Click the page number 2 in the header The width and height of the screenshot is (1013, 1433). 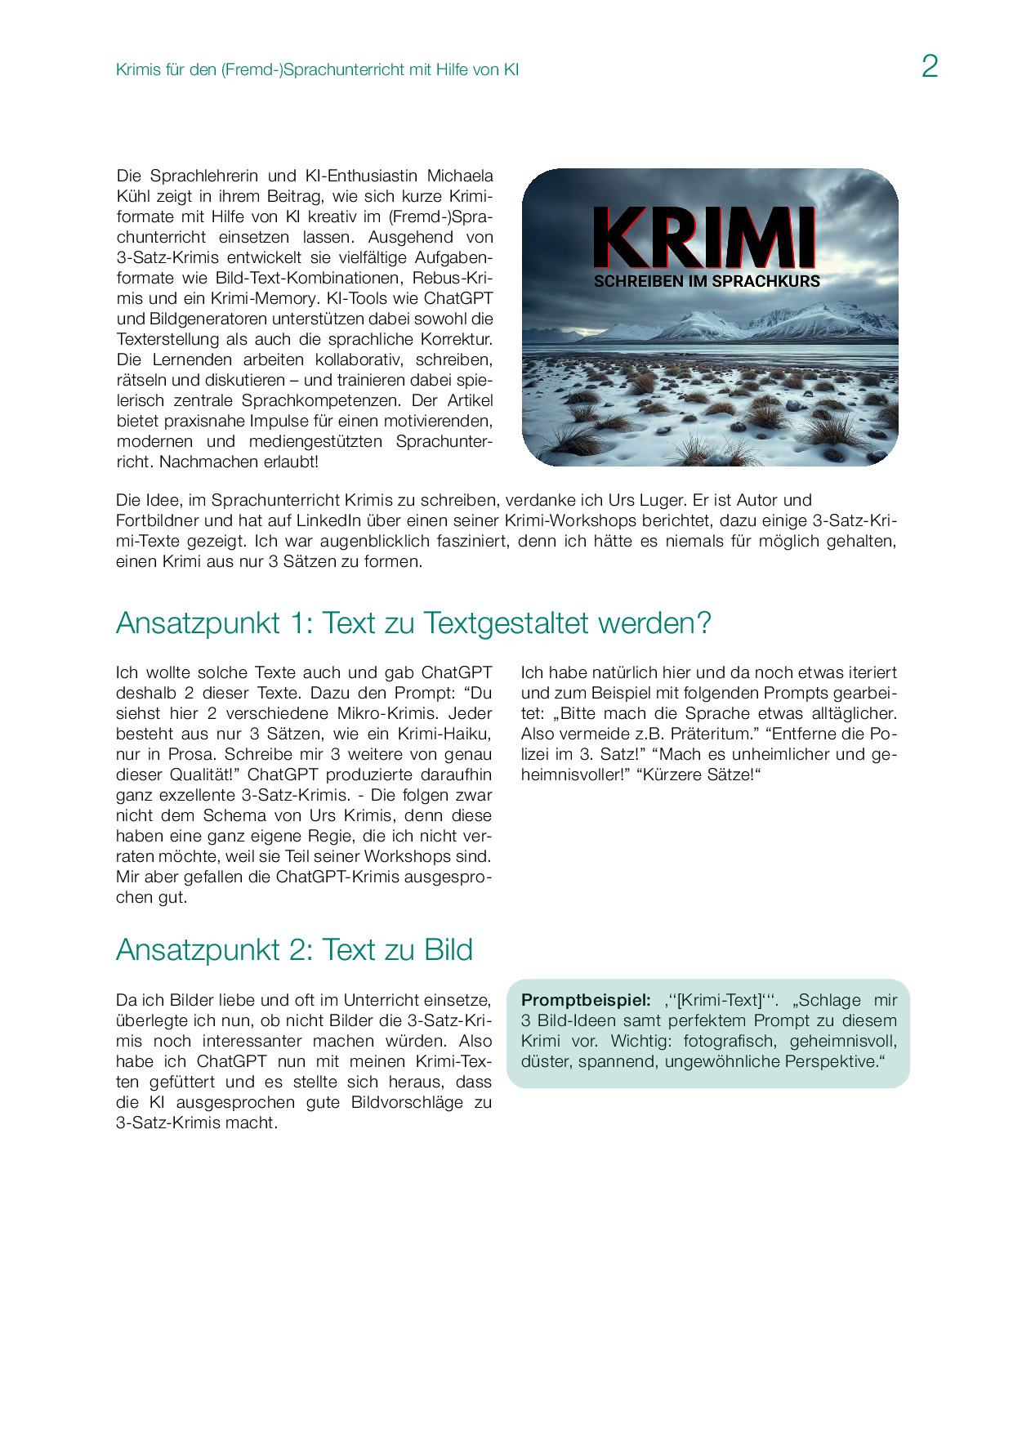coord(929,66)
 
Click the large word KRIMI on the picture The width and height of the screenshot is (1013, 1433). coord(704,238)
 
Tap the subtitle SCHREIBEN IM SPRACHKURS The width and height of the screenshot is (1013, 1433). coord(707,281)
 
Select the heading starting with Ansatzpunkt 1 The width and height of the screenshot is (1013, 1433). coord(413,623)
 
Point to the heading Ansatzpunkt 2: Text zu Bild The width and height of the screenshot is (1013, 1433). coord(294,949)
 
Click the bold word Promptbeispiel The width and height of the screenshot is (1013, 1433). coord(586,1000)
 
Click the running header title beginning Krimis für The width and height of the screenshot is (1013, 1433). coord(317,69)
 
